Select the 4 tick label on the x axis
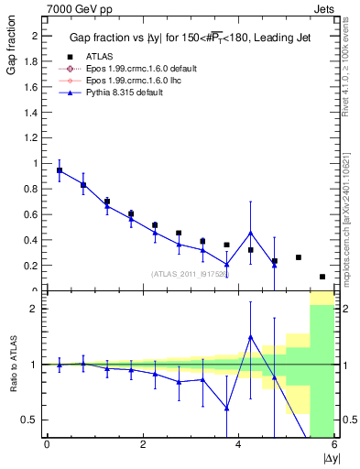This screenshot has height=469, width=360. pyautogui.click(x=239, y=445)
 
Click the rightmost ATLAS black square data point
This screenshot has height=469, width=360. pyautogui.click(x=322, y=277)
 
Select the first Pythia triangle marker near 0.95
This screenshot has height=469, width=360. pyautogui.click(x=60, y=170)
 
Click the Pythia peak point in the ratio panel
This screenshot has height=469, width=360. pyautogui.click(x=250, y=337)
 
